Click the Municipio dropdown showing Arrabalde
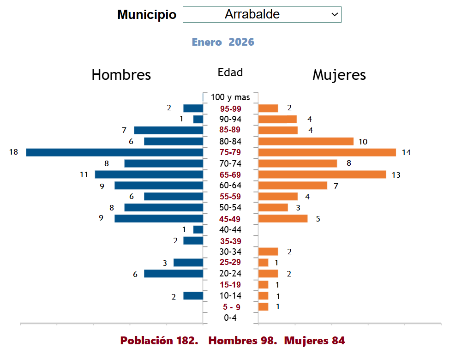[x=262, y=15]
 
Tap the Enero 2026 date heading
[x=223, y=42]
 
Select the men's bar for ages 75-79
[x=114, y=152]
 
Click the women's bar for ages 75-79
[x=327, y=152]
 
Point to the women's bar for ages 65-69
[x=322, y=174]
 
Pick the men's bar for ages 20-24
[x=174, y=274]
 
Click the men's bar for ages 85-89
[x=168, y=130]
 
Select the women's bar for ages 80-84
[x=306, y=141]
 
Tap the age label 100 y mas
[x=230, y=97]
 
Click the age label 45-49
[x=230, y=219]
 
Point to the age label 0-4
[x=230, y=318]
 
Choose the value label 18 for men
[x=13, y=152]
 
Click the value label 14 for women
[x=406, y=152]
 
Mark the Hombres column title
[x=121, y=75]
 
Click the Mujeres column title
[x=339, y=75]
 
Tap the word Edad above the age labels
[x=230, y=72]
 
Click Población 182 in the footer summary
[x=159, y=341]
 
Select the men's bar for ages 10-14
[x=193, y=296]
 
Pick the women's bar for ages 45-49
[x=282, y=219]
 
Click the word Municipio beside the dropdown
[x=147, y=15]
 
